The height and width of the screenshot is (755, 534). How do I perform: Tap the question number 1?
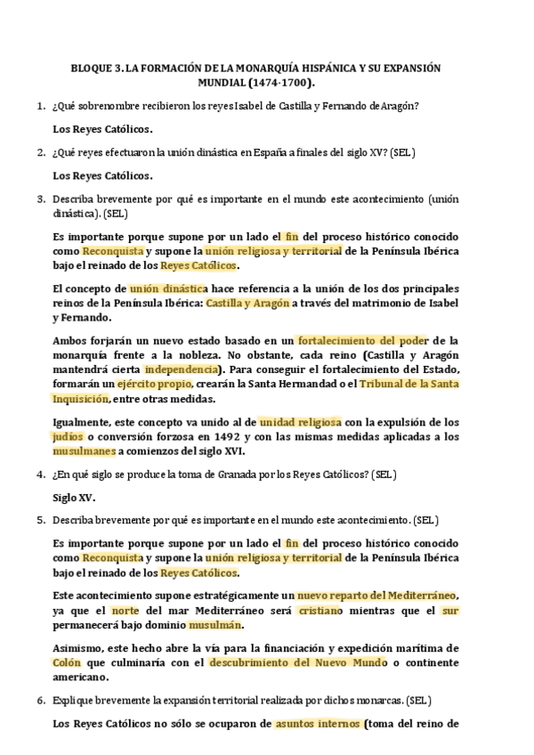pos(40,107)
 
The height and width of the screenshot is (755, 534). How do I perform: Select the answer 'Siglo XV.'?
pos(75,498)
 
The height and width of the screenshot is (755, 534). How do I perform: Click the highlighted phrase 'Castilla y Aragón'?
pos(248,304)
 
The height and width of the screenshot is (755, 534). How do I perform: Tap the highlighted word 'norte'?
pos(124,610)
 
